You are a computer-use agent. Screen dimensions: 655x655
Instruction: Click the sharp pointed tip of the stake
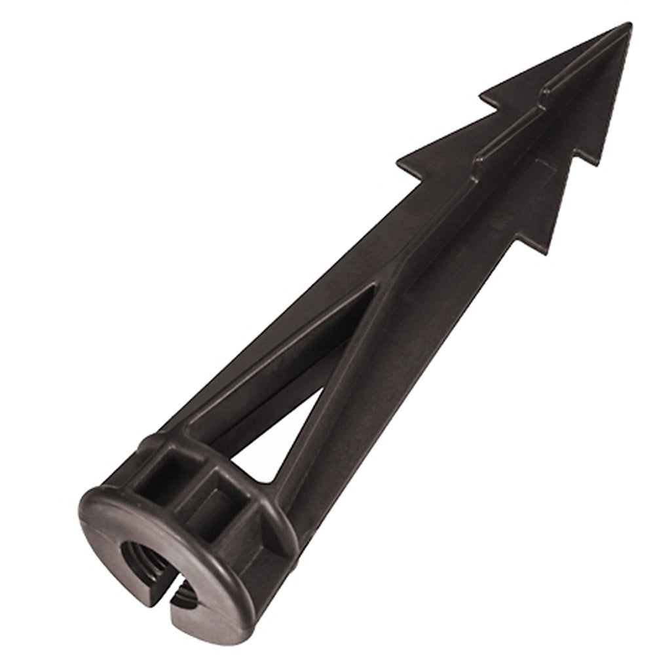630,25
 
